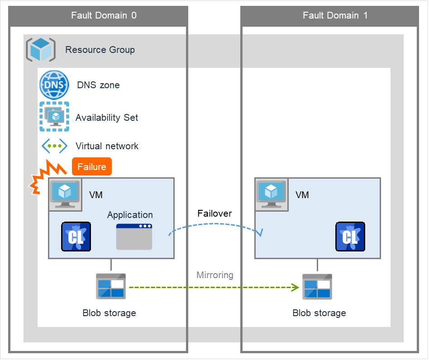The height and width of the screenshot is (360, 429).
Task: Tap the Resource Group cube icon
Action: [41, 49]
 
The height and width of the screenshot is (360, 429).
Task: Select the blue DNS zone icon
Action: [54, 85]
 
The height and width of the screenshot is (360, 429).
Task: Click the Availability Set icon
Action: [54, 117]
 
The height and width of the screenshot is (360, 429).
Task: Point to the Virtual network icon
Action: [54, 146]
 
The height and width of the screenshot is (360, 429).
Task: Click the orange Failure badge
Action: [92, 167]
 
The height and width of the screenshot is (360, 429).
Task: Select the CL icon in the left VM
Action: [76, 237]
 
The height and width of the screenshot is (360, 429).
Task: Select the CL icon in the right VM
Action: [350, 237]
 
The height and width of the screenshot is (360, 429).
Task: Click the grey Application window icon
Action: [134, 237]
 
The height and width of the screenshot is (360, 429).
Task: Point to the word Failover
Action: [214, 213]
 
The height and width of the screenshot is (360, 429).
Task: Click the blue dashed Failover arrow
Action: [215, 223]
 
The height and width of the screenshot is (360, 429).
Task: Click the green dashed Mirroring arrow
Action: [213, 287]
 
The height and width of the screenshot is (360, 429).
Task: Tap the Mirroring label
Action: [215, 275]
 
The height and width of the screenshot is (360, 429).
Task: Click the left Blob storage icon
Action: [111, 287]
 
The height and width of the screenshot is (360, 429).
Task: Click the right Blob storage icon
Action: [317, 287]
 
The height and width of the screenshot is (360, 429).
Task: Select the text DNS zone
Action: [98, 85]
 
